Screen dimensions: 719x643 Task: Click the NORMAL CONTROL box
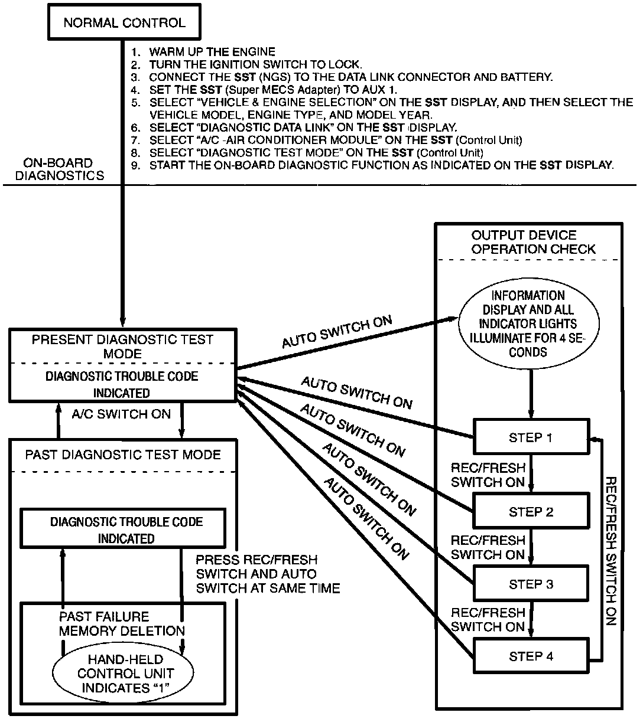pyautogui.click(x=124, y=24)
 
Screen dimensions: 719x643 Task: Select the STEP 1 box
pyautogui.click(x=531, y=438)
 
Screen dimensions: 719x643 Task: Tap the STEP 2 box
pyautogui.click(x=531, y=512)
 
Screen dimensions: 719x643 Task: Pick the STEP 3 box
pyautogui.click(x=531, y=584)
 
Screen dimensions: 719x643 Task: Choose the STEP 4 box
pyautogui.click(x=531, y=656)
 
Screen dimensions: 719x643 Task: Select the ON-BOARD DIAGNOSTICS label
pyautogui.click(x=59, y=169)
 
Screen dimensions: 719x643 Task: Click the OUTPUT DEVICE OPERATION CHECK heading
pyautogui.click(x=533, y=242)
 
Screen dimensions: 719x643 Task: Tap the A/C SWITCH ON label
pyautogui.click(x=121, y=414)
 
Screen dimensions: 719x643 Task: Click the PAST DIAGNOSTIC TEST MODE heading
pyautogui.click(x=123, y=455)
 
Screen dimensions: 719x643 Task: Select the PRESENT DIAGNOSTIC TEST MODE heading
pyautogui.click(x=122, y=347)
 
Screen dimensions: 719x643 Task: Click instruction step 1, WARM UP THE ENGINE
pyautogui.click(x=212, y=52)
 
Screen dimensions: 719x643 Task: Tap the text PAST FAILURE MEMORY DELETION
pyautogui.click(x=121, y=623)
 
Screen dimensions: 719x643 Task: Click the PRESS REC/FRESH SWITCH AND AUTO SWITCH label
pyautogui.click(x=268, y=574)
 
